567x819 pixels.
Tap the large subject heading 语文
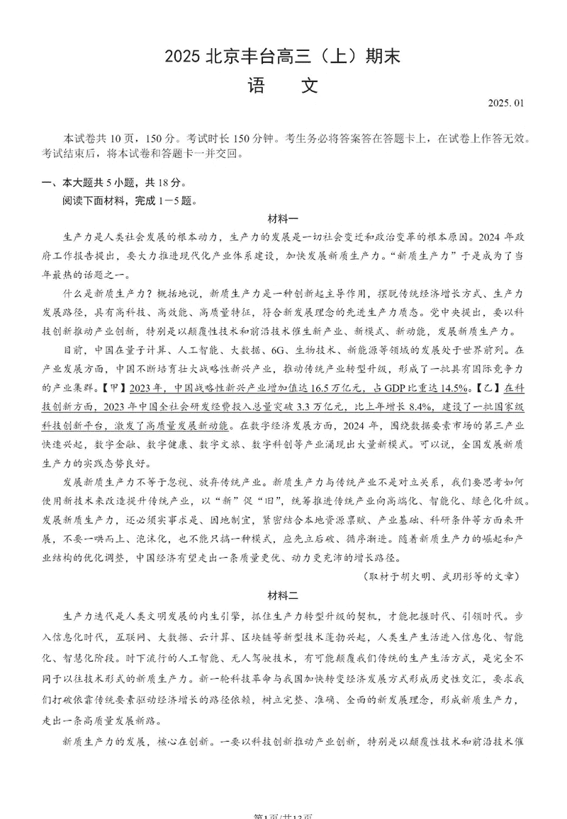[283, 86]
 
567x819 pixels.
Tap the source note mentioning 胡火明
[440, 576]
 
